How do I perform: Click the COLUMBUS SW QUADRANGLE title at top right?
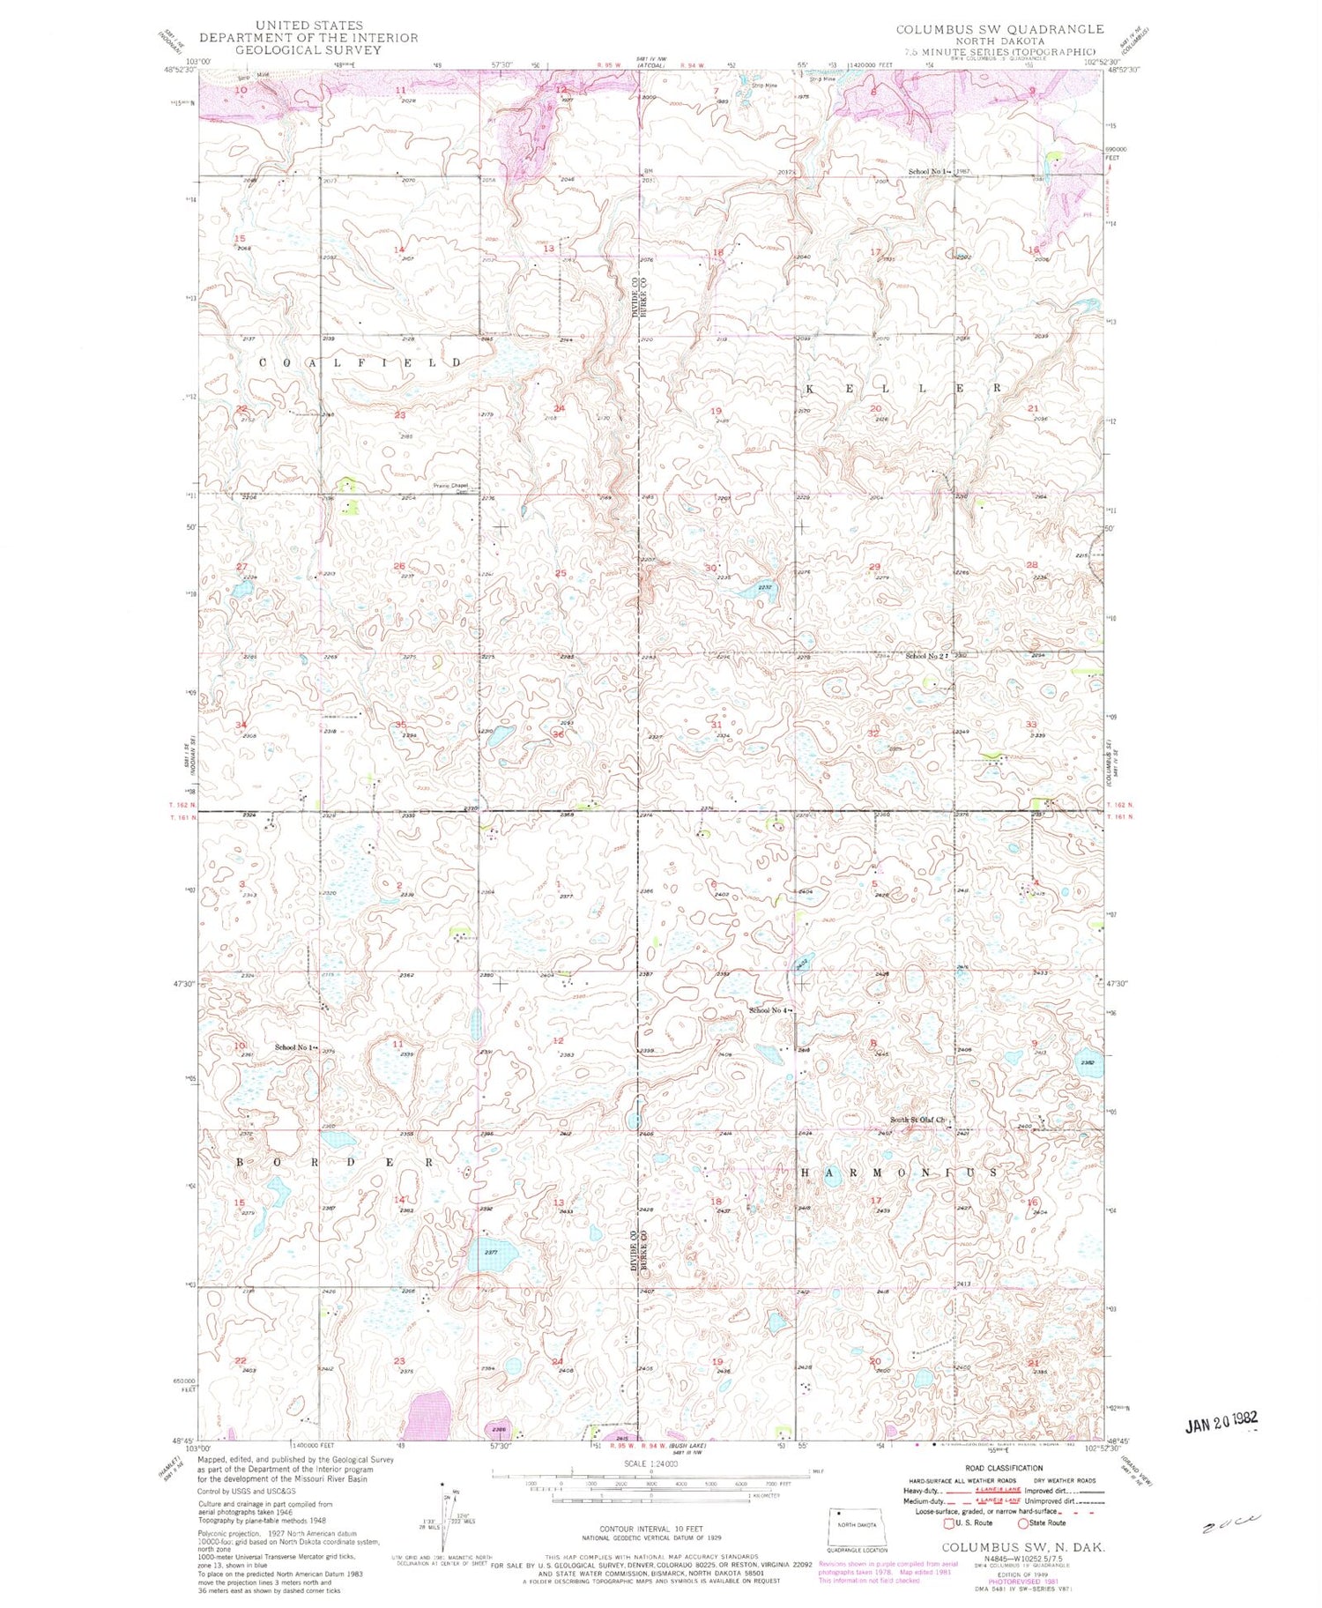(999, 29)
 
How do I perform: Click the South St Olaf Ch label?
(917, 1120)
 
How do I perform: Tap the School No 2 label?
(925, 656)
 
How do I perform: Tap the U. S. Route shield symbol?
(949, 1522)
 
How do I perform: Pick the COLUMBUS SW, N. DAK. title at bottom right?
(1023, 1547)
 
